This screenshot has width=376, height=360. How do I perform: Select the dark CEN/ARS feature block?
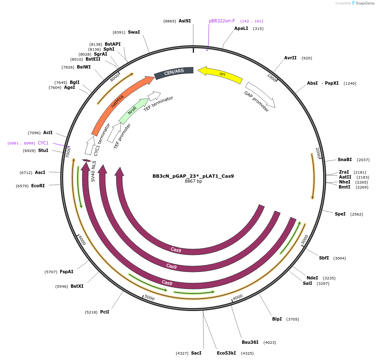[x=174, y=72]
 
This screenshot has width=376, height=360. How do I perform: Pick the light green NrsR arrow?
[x=133, y=110]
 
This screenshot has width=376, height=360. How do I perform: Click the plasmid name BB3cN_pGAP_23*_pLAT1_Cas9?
[x=193, y=176]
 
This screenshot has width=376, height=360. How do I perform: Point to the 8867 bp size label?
[x=193, y=181]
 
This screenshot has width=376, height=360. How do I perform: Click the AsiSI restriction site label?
[x=185, y=21]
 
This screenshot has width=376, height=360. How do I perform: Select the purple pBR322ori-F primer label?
[x=222, y=21]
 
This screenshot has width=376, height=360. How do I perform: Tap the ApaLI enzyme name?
[x=241, y=28]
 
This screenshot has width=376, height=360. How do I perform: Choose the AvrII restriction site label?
[x=290, y=58]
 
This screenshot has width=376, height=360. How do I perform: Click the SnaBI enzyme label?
[x=344, y=159]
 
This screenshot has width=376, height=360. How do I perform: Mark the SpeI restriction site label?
[x=340, y=214]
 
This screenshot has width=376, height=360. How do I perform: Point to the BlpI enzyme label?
[x=277, y=319]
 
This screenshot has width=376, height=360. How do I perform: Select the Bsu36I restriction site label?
[x=250, y=342]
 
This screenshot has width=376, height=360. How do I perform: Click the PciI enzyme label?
[x=105, y=311]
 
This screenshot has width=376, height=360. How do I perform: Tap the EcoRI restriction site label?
[x=38, y=186]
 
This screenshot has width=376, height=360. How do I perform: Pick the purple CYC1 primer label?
[x=43, y=143]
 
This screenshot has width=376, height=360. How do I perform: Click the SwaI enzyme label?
[x=134, y=32]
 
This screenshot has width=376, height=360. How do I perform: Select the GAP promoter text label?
[x=256, y=102]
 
